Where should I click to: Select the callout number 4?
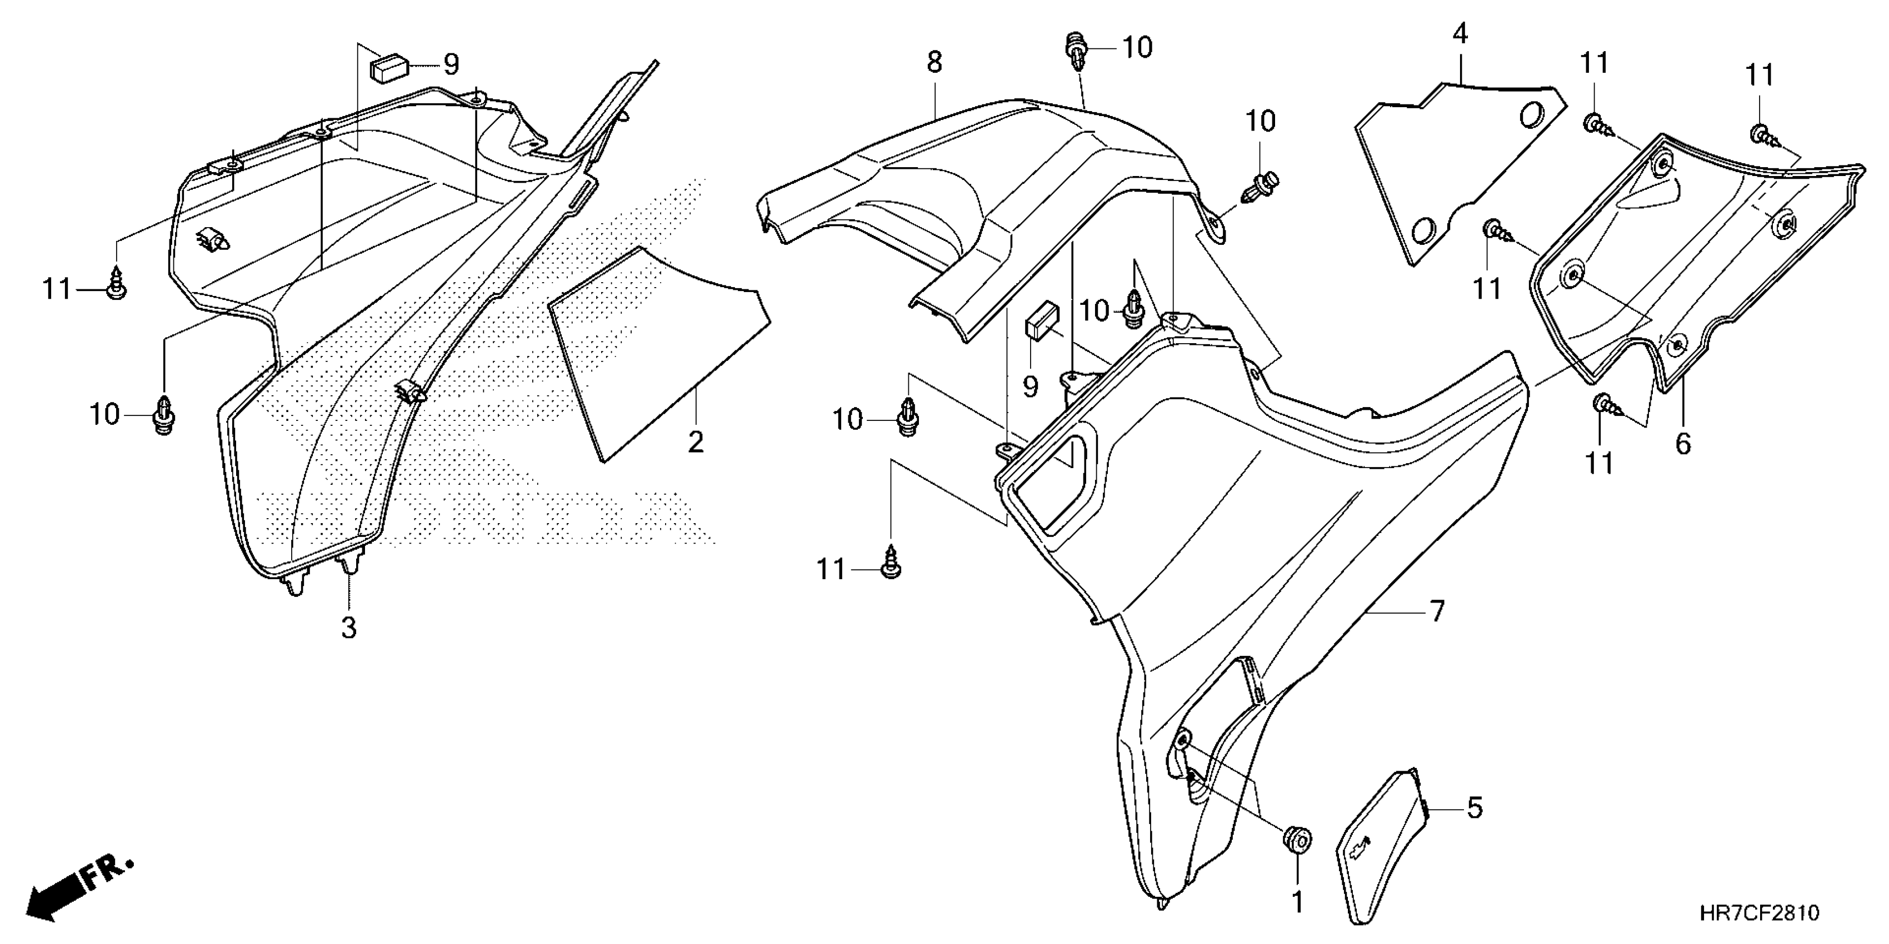[1460, 34]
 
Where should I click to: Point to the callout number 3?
[349, 627]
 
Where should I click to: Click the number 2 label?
[695, 442]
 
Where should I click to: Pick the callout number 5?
[1474, 808]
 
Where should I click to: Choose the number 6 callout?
[1683, 444]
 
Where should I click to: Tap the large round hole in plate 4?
[1530, 116]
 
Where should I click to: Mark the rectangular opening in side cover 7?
[1056, 481]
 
